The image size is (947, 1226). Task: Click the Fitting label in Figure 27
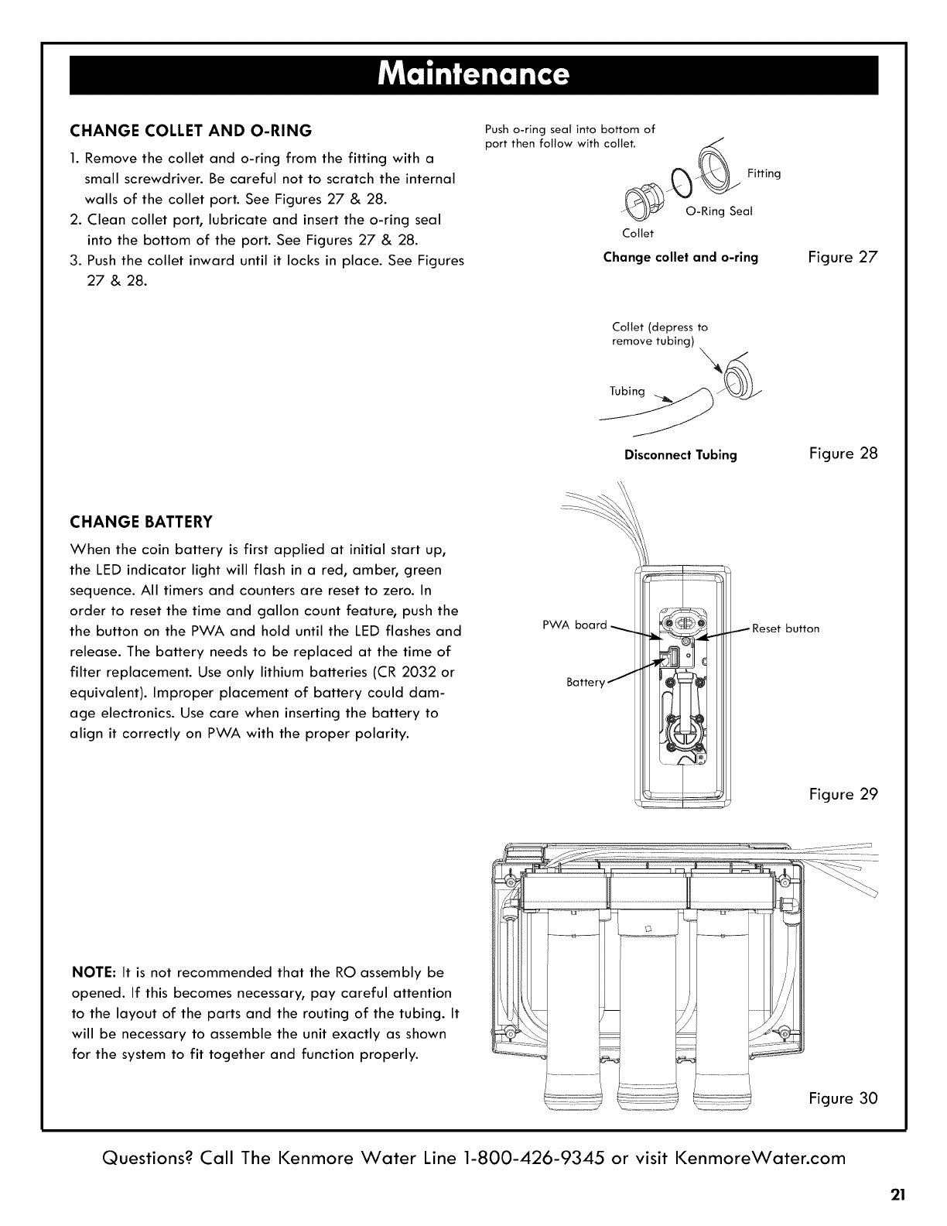[x=764, y=173]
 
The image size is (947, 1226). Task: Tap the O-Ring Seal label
[x=720, y=211]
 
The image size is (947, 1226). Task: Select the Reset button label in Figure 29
[x=785, y=628]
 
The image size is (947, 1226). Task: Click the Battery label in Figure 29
[x=585, y=683]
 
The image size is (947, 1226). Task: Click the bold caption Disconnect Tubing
[x=680, y=454]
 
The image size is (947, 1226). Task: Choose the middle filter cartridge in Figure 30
[x=648, y=1014]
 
